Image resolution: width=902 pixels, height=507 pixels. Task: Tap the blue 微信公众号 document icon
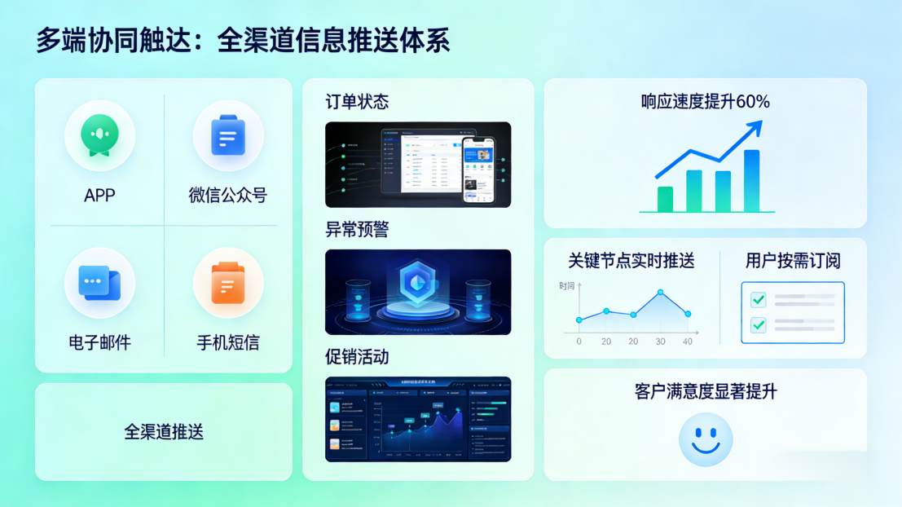pyautogui.click(x=227, y=135)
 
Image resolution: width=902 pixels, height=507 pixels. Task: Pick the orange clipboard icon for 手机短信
pyautogui.click(x=227, y=282)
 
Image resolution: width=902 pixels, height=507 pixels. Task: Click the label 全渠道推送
pyautogui.click(x=164, y=432)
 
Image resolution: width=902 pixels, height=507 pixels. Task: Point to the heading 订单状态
pyautogui.click(x=357, y=102)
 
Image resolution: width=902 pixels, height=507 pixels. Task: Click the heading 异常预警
pyautogui.click(x=357, y=230)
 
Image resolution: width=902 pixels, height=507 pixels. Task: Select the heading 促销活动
pyautogui.click(x=357, y=357)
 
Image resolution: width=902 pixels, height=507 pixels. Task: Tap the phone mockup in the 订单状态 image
pyautogui.click(x=479, y=170)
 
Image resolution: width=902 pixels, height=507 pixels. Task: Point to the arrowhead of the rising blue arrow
pyautogui.click(x=756, y=126)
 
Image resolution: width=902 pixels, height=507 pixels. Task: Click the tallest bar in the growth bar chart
pyautogui.click(x=751, y=180)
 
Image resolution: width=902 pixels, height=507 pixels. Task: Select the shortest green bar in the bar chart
pyautogui.click(x=665, y=199)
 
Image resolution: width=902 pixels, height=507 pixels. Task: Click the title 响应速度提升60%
pyautogui.click(x=705, y=102)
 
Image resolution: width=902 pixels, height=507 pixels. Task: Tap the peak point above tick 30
pyautogui.click(x=660, y=293)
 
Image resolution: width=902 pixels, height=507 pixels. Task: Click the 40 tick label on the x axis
pyautogui.click(x=688, y=342)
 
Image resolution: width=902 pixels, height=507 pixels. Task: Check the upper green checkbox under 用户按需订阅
pyautogui.click(x=759, y=300)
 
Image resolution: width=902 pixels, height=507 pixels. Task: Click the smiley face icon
pyautogui.click(x=706, y=439)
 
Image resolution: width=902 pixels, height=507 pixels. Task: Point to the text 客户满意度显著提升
pyautogui.click(x=706, y=392)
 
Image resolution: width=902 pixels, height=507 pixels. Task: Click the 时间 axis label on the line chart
pyautogui.click(x=567, y=286)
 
